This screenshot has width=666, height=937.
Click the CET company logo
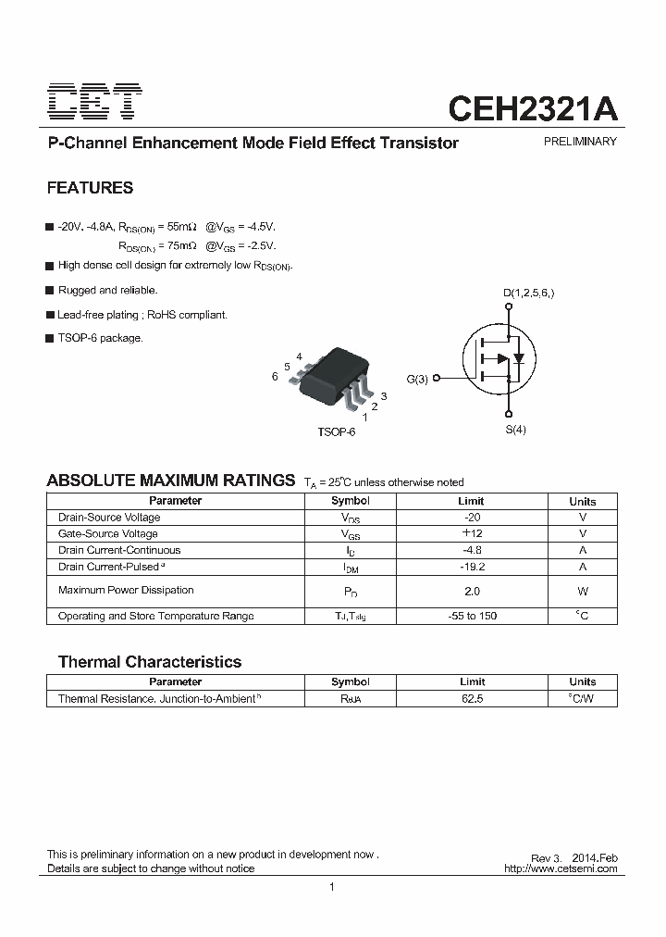click(x=95, y=103)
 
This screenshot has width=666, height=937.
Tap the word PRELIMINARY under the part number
click(x=579, y=142)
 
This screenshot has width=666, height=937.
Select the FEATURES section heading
click(x=90, y=188)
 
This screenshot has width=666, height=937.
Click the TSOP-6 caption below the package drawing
click(x=336, y=432)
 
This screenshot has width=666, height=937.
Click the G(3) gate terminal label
click(x=418, y=379)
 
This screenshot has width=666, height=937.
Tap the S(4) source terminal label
click(x=515, y=430)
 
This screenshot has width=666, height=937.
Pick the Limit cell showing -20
click(x=472, y=518)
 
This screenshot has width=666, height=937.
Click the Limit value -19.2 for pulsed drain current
click(x=472, y=567)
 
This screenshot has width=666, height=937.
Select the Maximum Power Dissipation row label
click(x=126, y=590)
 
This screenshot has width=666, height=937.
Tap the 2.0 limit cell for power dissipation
click(x=472, y=591)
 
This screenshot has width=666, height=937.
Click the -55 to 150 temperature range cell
click(x=472, y=616)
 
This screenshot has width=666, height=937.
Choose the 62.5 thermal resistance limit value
click(x=472, y=698)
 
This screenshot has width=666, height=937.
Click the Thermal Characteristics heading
click(x=150, y=662)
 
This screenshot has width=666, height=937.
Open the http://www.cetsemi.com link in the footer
click(x=561, y=868)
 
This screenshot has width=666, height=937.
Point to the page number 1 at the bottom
click(x=331, y=887)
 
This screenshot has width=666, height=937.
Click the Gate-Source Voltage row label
click(x=108, y=533)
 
